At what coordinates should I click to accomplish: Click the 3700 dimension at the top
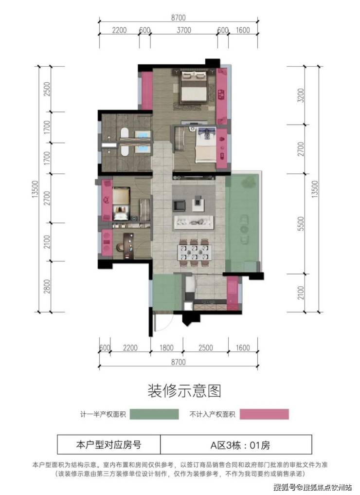183,30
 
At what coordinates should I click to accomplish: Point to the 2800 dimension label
47,286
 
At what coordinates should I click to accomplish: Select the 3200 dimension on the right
301,95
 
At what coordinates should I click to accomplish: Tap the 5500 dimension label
301,223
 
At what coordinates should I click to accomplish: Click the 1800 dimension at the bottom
166,348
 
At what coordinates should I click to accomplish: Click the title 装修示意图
184,390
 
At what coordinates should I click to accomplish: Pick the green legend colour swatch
154,414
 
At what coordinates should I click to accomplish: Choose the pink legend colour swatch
264,414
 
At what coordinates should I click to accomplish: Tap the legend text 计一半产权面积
103,414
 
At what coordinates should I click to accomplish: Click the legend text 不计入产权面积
212,414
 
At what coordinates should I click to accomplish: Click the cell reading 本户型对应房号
108,445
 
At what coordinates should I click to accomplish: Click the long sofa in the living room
194,222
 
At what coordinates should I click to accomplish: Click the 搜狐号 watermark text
284,487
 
